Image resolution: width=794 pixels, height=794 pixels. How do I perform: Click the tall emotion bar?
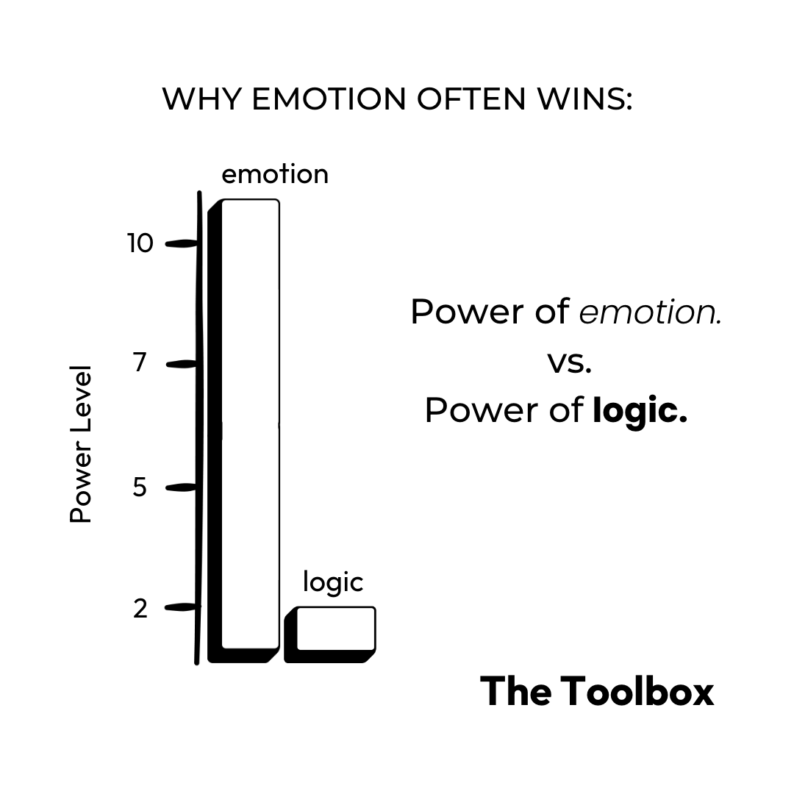244,431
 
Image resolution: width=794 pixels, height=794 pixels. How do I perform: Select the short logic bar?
330,634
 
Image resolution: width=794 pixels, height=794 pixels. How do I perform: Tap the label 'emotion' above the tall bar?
275,174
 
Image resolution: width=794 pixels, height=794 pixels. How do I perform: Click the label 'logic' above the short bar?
333,582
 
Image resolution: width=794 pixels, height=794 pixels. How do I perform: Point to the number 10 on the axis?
140,243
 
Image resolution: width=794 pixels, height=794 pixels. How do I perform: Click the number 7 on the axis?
140,362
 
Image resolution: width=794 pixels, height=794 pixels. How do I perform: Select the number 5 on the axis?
140,487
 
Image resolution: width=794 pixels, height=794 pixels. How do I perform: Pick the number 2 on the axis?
140,608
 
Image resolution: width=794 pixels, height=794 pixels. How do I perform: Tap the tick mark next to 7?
182,365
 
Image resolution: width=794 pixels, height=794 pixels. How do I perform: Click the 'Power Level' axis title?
81,443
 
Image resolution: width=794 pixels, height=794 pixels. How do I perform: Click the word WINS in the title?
585,99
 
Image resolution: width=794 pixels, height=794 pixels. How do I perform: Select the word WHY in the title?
201,99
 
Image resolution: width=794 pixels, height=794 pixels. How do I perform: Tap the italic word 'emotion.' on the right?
650,312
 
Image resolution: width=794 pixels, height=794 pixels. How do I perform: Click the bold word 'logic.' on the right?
640,410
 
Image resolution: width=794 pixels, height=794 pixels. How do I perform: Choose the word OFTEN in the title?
471,99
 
